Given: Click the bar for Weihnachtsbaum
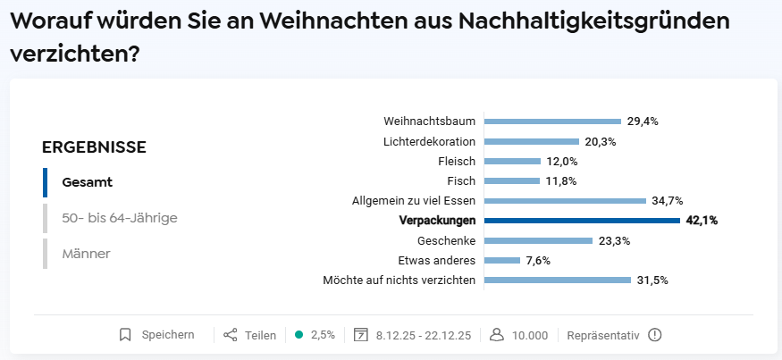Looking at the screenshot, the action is pos(552,121).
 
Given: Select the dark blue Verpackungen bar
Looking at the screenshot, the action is pos(582,221).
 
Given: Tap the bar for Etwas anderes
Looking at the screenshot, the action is pos(502,260).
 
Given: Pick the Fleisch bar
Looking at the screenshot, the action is pos(512,161).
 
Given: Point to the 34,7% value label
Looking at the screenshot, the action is pos(668,201).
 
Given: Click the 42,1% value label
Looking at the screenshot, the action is pos(702,221).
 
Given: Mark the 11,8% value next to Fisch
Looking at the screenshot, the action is pos(561,181).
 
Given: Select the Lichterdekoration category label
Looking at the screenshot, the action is pos(429,142).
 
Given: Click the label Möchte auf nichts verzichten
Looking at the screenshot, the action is pos(399,280).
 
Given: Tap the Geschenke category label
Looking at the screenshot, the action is pos(446,241).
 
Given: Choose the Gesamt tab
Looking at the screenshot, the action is pos(88,182).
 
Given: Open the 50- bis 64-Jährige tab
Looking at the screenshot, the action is pos(120,218).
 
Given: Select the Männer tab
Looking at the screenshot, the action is pos(87,254).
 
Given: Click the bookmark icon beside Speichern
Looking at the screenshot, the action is pos(125,335).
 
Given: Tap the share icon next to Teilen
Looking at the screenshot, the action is pos(230,335).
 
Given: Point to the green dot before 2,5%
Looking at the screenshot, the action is pos(299,335).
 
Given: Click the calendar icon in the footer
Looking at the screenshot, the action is pos(360,335).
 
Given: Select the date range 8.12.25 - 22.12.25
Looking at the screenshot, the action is pos(424,335).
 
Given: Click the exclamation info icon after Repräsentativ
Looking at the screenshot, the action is pos(655,335).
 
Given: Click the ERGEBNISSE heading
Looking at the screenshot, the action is pos(94,147).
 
